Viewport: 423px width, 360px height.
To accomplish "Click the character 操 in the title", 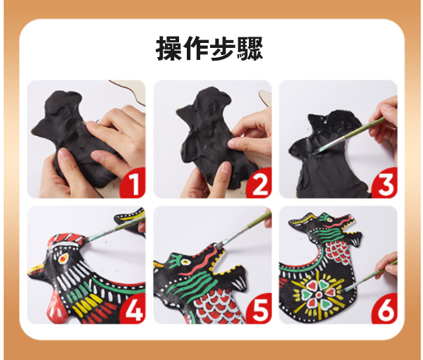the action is click(x=169, y=49).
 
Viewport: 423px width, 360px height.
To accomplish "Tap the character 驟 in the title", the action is click(x=250, y=49).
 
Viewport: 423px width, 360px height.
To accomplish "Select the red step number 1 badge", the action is click(x=133, y=183).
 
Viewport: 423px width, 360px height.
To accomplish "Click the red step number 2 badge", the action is click(x=259, y=183).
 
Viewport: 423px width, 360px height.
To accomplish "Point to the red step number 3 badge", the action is click(x=385, y=183).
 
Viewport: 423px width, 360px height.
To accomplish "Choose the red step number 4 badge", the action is click(x=133, y=309).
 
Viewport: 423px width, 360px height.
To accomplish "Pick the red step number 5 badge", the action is click(x=259, y=309).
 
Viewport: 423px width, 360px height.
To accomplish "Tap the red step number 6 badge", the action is click(x=385, y=309).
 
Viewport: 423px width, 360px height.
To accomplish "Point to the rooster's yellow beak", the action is click(x=37, y=270).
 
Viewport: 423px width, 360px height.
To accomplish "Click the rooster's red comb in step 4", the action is click(x=68, y=240).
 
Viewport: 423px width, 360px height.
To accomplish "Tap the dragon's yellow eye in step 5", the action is click(x=186, y=261).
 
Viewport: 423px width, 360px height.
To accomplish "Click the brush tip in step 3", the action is click(x=316, y=152).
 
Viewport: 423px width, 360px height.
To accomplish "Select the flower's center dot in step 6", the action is click(x=319, y=294).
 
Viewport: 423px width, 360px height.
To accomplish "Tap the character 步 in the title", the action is click(x=223, y=49).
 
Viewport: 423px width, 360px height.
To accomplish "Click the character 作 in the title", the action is click(x=196, y=49).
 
